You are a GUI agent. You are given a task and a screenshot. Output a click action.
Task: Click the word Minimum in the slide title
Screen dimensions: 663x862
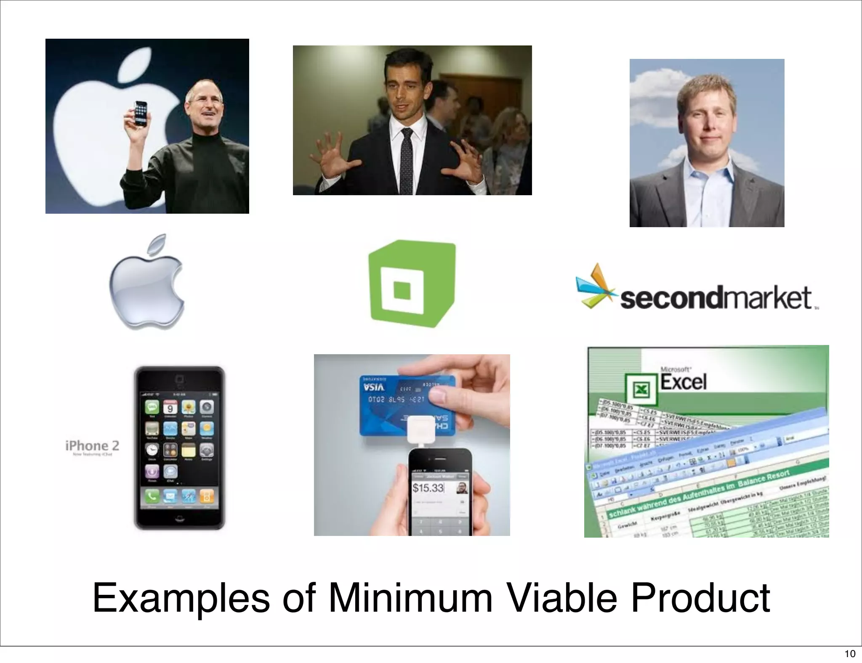coord(410,598)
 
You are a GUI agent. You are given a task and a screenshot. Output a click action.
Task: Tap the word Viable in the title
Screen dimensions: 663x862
coord(561,598)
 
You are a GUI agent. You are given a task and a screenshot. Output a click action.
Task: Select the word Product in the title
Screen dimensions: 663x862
coord(700,598)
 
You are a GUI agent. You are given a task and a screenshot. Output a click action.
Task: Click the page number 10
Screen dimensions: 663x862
coord(850,653)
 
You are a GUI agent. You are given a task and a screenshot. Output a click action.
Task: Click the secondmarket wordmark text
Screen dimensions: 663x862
coord(716,298)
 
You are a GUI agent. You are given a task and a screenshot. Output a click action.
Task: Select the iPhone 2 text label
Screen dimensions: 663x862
coord(92,446)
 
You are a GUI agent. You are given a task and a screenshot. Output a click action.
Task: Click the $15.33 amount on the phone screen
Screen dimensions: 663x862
coord(428,488)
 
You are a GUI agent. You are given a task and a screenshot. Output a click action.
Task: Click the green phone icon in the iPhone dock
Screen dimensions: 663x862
coord(152,496)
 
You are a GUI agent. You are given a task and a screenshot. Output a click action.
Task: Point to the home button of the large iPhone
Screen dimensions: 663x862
coord(179,519)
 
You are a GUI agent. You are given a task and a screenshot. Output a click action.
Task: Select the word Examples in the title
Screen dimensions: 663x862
coord(181,598)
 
